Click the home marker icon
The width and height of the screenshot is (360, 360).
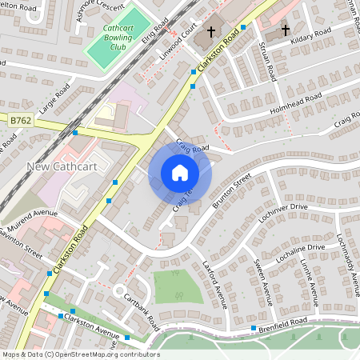180,173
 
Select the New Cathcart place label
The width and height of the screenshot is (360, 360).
62,166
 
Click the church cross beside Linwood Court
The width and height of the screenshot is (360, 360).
211,33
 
